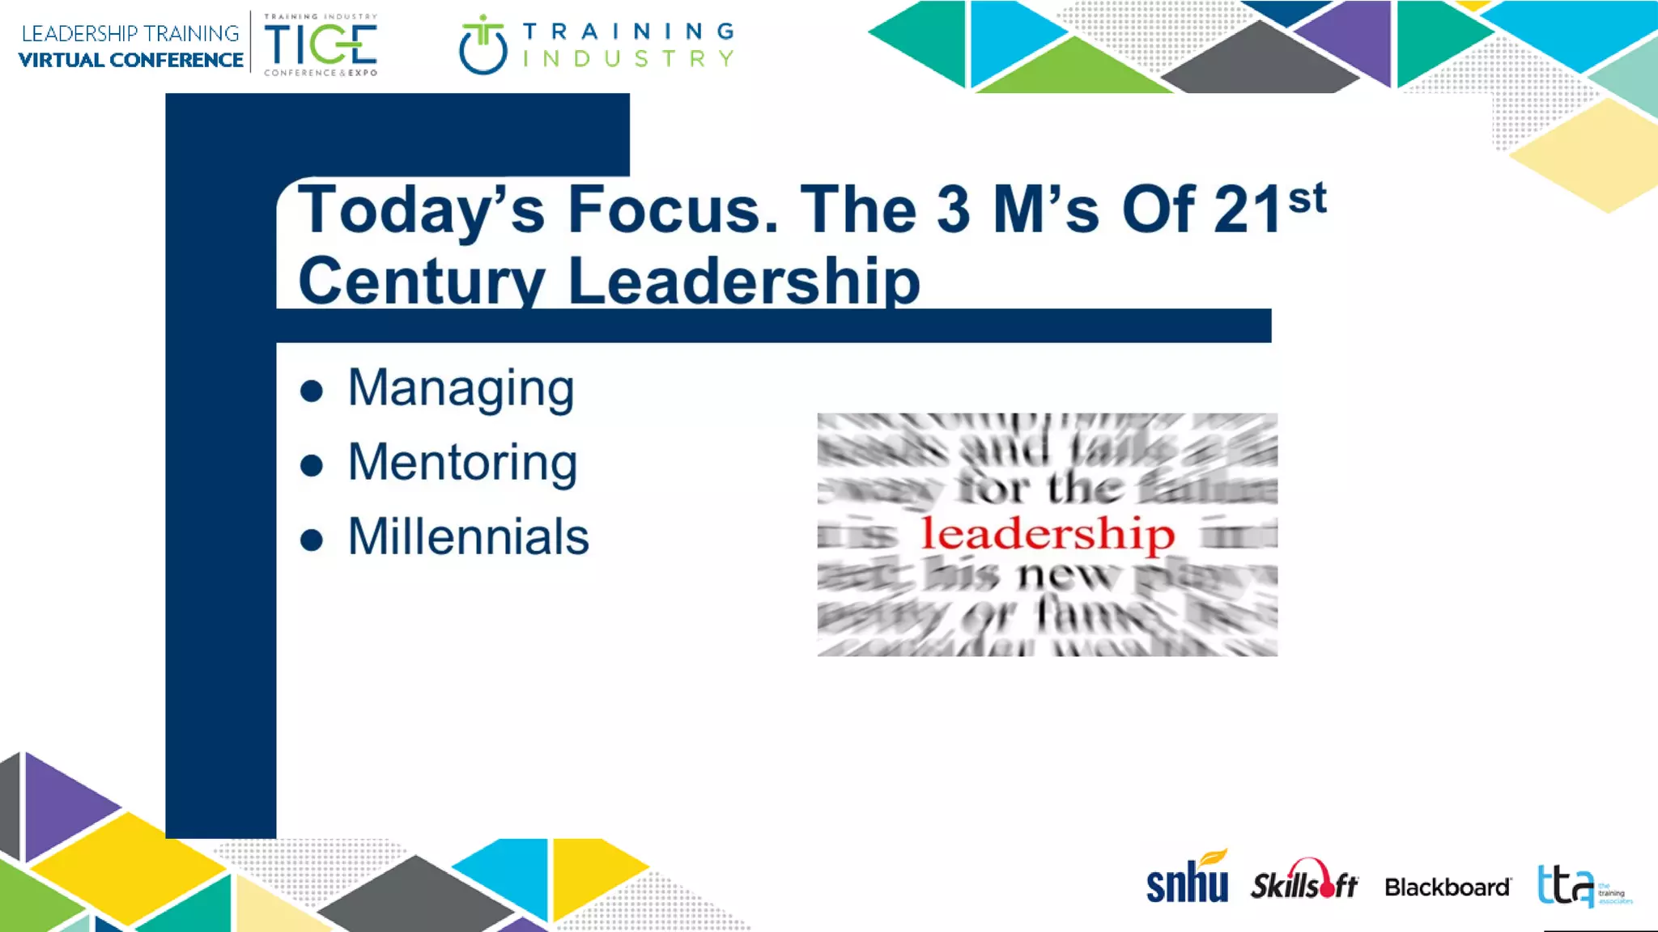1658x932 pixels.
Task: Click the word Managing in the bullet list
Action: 461,388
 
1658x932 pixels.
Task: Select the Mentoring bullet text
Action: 462,463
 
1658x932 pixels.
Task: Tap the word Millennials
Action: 468,536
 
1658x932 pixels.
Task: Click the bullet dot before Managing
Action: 312,392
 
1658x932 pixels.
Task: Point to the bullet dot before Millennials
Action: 312,540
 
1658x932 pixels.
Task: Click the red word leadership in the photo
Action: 1048,534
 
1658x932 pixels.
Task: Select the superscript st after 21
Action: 1307,198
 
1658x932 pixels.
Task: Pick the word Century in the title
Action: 422,281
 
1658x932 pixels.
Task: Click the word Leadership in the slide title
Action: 744,281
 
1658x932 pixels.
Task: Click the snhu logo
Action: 1187,879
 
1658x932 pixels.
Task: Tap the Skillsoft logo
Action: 1304,882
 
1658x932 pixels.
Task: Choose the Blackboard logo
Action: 1447,888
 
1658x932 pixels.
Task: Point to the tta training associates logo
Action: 1583,887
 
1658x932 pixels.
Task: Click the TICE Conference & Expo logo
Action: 321,45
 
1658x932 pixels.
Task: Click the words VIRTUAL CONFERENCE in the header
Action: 130,61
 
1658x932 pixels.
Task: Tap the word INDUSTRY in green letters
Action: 628,59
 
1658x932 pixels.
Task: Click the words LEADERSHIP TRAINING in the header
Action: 130,33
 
